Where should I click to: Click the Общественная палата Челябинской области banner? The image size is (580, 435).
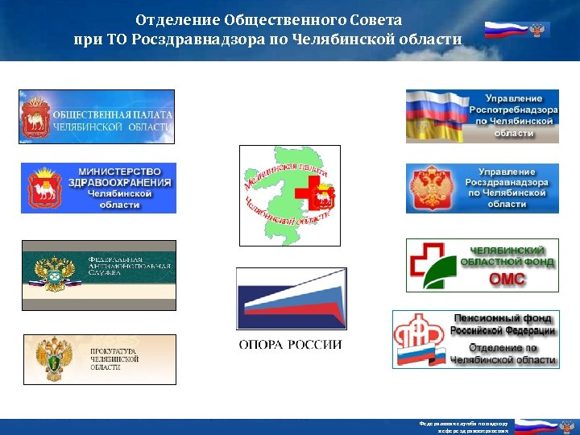pyautogui.click(x=97, y=117)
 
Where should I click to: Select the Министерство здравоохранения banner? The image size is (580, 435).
pyautogui.click(x=98, y=188)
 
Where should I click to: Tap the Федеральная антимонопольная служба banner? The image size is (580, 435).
pyautogui.click(x=98, y=275)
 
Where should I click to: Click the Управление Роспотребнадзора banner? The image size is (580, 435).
pyautogui.click(x=482, y=117)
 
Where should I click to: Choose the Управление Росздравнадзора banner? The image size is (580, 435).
pyautogui.click(x=482, y=188)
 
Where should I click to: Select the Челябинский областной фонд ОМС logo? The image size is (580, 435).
pyautogui.click(x=482, y=265)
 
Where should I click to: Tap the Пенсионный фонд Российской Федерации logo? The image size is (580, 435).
pyautogui.click(x=476, y=339)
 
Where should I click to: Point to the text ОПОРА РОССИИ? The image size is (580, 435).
pyautogui.click(x=290, y=345)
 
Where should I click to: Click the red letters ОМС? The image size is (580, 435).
pyautogui.click(x=507, y=280)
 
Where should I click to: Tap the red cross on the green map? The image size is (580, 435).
pyautogui.click(x=307, y=194)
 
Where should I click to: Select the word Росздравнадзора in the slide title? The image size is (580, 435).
pyautogui.click(x=217, y=39)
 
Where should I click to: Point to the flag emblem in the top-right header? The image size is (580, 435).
pyautogui.click(x=516, y=31)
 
